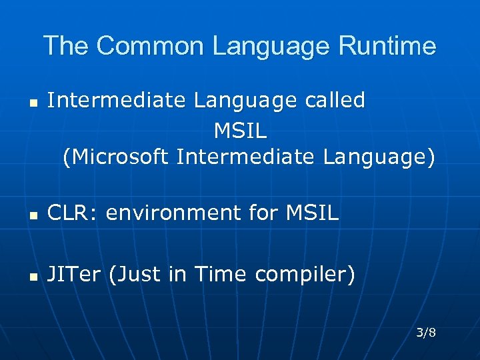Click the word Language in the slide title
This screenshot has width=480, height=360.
(272, 46)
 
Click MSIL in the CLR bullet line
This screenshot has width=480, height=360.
(312, 213)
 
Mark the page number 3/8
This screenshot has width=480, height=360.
(426, 332)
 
